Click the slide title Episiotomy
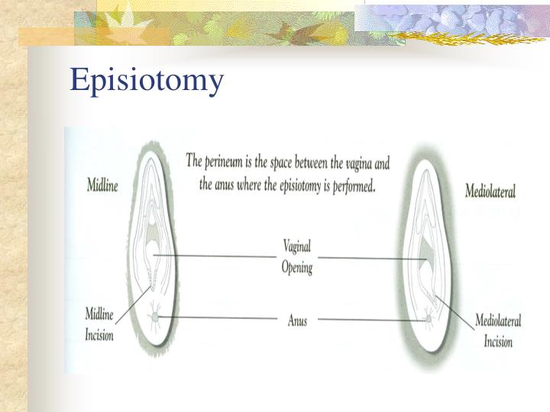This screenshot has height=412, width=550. click(147, 80)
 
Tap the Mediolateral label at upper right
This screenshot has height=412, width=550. click(490, 190)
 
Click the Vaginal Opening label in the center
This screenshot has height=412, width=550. click(297, 257)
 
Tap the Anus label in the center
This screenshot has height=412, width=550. click(297, 321)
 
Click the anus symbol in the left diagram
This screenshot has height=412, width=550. click(155, 316)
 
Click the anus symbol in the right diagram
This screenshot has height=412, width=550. click(425, 319)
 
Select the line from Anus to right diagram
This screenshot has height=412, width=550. click(367, 320)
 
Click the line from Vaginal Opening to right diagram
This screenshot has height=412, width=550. click(367, 258)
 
